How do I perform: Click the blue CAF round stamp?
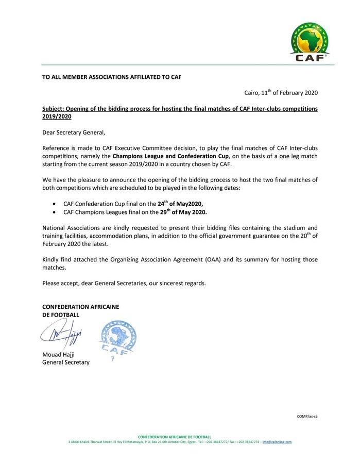point(114,340)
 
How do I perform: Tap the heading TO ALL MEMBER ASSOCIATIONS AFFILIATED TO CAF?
point(111,76)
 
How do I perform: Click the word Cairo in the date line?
point(252,93)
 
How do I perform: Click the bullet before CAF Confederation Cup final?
point(55,204)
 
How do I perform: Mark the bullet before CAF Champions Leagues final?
point(55,212)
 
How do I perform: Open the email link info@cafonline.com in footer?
point(277,442)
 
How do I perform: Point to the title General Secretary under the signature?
point(65,362)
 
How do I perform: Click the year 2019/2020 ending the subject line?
point(57,117)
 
